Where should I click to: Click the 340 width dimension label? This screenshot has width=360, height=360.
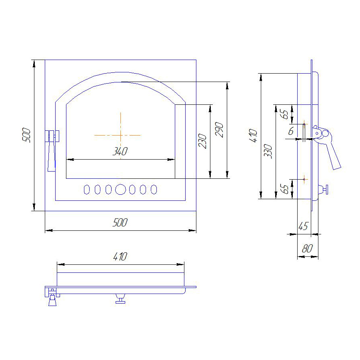coord(120,152)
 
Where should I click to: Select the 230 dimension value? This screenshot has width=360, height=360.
coord(202,141)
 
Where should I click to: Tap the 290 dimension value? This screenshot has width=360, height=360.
coord(219,130)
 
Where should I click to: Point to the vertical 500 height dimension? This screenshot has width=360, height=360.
coord(26,135)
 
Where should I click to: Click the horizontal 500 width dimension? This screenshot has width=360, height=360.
coord(120,223)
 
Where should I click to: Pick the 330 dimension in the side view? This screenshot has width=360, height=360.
coord(268,151)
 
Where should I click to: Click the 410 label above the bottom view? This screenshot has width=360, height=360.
coord(120,257)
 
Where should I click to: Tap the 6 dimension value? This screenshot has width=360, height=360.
coord(291,131)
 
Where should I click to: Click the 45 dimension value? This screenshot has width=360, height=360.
coord(303,226)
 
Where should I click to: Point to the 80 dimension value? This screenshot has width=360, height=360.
coord(308,249)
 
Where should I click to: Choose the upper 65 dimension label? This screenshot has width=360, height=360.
coord(285,114)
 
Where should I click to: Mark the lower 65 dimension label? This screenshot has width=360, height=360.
coord(285,189)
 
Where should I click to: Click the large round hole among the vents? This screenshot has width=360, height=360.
coord(120,190)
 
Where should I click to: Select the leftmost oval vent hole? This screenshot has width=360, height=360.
coord(87,190)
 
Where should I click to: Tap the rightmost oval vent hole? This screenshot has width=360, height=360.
coord(154,190)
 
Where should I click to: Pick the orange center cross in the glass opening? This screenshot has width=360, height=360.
coord(120,135)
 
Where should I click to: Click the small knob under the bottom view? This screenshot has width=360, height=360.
coord(120,299)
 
